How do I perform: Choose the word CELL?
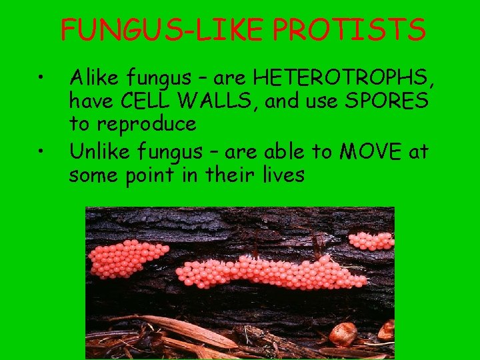[143, 102]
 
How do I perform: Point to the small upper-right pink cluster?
[372, 240]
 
